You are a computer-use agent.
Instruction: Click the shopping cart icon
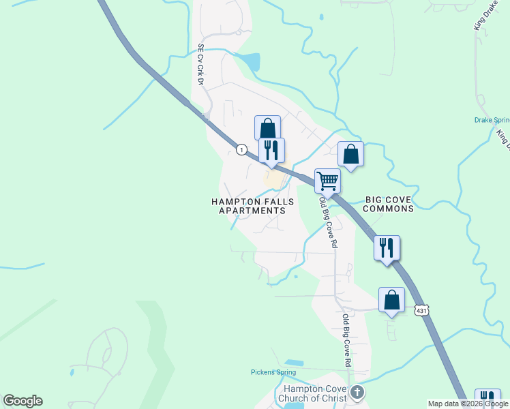(x=327, y=182)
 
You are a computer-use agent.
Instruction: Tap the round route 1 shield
(x=241, y=149)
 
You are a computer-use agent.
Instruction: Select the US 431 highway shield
(x=421, y=309)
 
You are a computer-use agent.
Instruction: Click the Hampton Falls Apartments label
(x=252, y=206)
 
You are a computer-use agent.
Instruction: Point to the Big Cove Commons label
(x=390, y=204)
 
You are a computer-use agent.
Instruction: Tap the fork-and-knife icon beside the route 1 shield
(x=271, y=151)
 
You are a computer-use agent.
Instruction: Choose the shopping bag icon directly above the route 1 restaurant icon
(x=267, y=128)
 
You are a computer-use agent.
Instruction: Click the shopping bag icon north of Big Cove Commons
(x=350, y=154)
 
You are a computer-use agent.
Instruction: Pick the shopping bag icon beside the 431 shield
(x=391, y=300)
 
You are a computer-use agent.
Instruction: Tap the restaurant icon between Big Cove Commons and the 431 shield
(x=387, y=248)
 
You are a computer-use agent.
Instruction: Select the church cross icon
(x=358, y=393)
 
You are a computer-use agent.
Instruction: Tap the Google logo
(x=22, y=401)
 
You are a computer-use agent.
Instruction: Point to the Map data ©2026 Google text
(x=468, y=404)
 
